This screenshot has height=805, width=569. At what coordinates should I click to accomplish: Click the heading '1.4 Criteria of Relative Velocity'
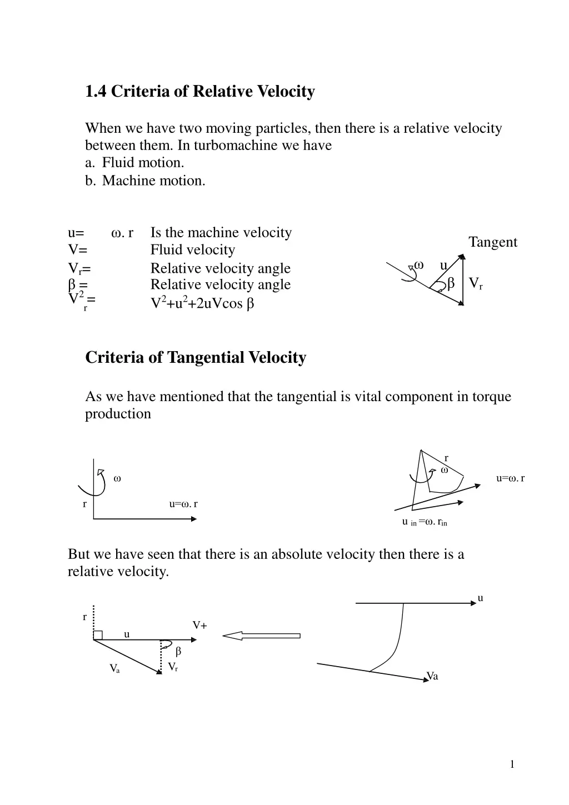[x=200, y=92]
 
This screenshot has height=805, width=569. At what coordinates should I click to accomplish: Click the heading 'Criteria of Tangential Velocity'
[x=196, y=357]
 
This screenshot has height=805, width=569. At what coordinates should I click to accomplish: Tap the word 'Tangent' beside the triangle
[x=492, y=242]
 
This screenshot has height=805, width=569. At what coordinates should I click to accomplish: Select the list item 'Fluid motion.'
[x=143, y=163]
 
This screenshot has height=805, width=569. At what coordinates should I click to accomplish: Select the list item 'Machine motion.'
[x=153, y=181]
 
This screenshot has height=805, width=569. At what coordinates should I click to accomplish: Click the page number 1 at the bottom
[x=512, y=765]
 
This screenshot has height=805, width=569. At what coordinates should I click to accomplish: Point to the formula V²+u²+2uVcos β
[x=202, y=303]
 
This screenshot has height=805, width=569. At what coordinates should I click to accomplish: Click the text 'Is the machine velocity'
[x=221, y=232]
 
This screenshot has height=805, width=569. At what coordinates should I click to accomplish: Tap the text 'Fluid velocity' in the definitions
[x=192, y=250]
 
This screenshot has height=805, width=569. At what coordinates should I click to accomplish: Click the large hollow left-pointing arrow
[x=262, y=636]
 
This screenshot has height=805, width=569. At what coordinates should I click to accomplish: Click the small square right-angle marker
[x=98, y=636]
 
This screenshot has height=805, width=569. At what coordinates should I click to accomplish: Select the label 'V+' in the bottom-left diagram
[x=200, y=626]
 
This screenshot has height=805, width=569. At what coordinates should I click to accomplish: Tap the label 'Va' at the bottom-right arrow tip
[x=432, y=676]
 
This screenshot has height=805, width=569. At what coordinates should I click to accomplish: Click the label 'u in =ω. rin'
[x=425, y=522]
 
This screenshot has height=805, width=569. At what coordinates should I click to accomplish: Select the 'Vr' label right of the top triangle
[x=476, y=284]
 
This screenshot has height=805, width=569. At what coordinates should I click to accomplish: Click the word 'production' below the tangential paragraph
[x=118, y=414]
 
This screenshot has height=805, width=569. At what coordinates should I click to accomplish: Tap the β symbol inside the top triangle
[x=451, y=284]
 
